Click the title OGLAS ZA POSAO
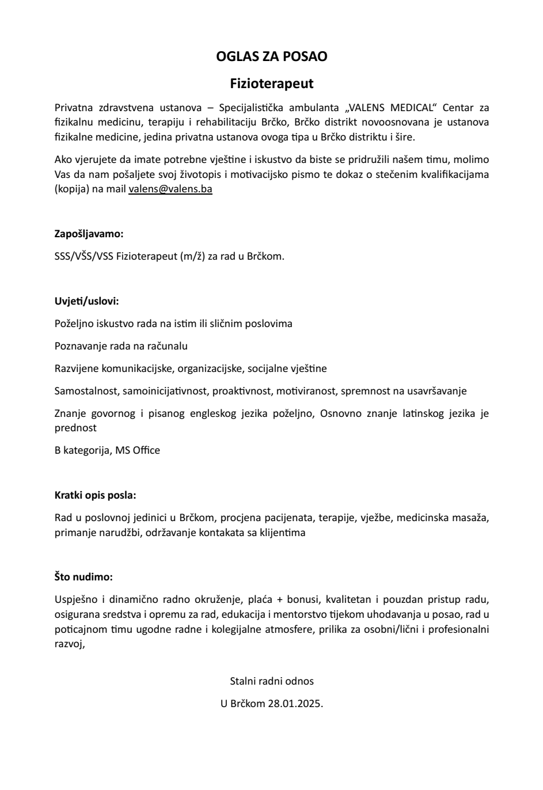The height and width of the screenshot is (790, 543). pyautogui.click(x=271, y=56)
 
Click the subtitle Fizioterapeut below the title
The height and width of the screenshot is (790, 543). pyautogui.click(x=271, y=83)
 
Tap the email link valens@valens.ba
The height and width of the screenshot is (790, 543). pyautogui.click(x=170, y=189)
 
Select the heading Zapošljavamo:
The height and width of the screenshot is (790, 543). pyautogui.click(x=89, y=234)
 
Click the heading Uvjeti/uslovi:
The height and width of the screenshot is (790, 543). pyautogui.click(x=86, y=301)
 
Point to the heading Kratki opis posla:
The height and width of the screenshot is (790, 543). pyautogui.click(x=95, y=495)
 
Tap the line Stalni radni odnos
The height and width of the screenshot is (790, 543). pyautogui.click(x=272, y=681)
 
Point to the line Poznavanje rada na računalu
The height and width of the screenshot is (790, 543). pyautogui.click(x=121, y=346)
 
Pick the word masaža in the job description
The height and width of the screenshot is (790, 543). pyautogui.click(x=470, y=518)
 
